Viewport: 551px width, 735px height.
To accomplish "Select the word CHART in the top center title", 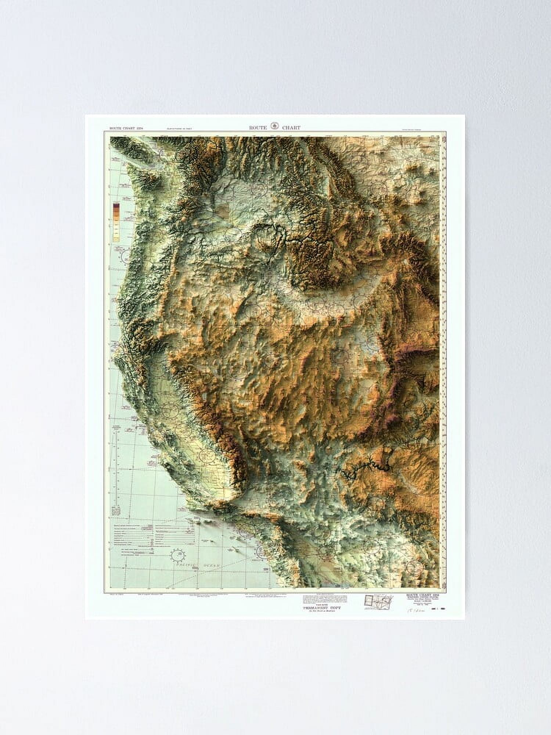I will pos(291,128).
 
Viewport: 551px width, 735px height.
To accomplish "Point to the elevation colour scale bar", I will pos(116,222).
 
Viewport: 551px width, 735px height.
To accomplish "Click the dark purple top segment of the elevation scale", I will pos(116,205).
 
